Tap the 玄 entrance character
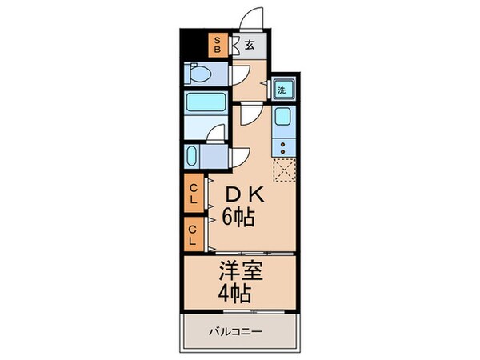coord(250,45)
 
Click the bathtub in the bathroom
coord(206,104)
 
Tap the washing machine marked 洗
coord(282,90)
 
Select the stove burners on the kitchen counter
coord(284,147)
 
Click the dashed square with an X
coord(284,170)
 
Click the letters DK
coord(243,195)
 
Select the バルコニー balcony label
coord(238,330)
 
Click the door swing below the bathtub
coord(214,135)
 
